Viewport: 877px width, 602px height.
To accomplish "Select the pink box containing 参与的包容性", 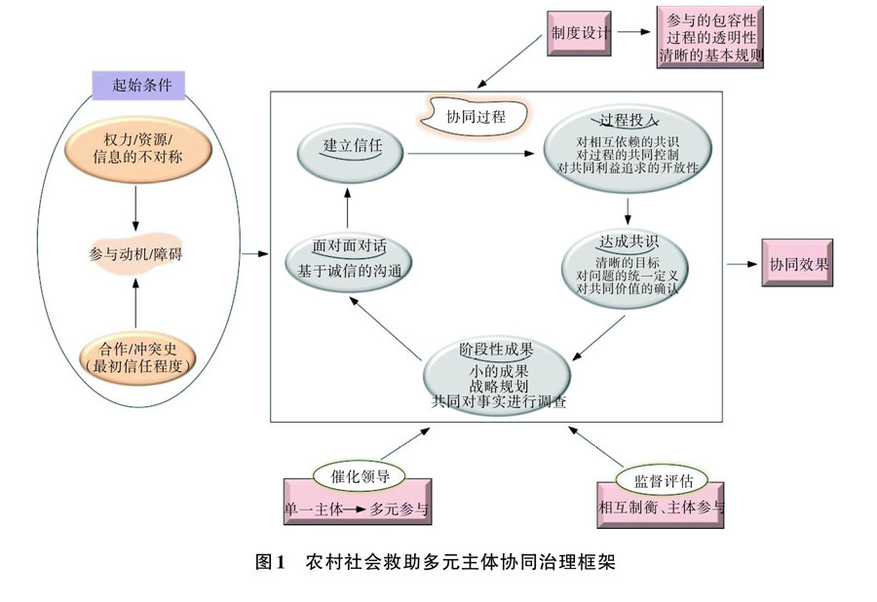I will [x=711, y=37].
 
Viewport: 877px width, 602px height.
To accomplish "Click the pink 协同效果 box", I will [x=802, y=264].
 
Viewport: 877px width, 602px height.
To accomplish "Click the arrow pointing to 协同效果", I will [x=744, y=264].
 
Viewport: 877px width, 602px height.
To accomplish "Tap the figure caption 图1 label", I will [x=268, y=562].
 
